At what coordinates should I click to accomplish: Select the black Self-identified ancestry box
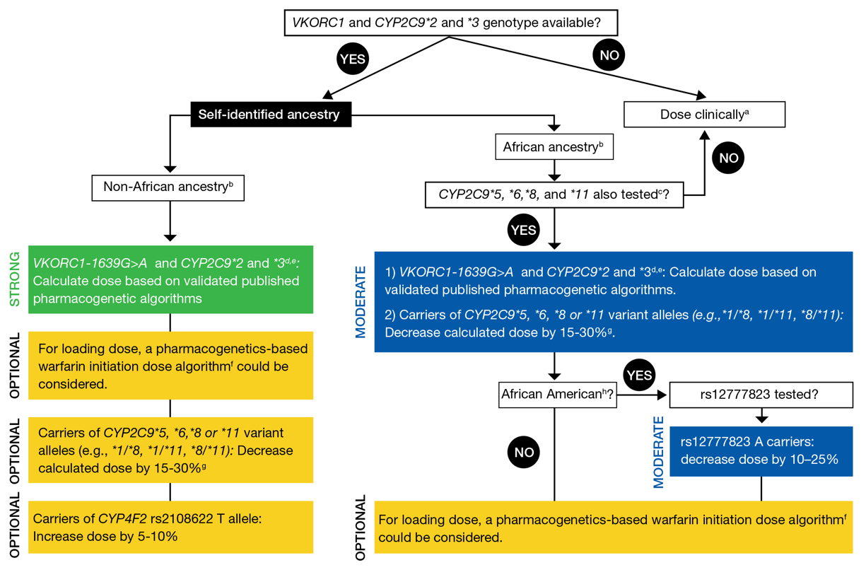coord(269,114)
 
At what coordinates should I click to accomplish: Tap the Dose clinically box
coord(704,114)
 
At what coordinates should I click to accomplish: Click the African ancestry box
coord(553,147)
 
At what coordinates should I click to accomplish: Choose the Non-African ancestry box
coord(168,187)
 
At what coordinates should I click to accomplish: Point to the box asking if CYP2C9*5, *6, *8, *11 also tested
coord(554,194)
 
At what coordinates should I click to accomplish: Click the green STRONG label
coord(14,279)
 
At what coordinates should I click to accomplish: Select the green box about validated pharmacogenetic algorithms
coord(170,280)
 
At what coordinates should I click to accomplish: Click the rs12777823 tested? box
coord(760,395)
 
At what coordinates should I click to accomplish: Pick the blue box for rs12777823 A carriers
coord(760,450)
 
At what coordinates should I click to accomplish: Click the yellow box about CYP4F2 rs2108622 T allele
coord(170,527)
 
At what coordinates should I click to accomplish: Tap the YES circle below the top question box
coord(352,59)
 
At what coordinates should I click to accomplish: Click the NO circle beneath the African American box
coord(525,452)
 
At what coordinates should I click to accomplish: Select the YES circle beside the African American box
coord(638,375)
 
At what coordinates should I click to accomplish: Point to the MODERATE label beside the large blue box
coord(361,302)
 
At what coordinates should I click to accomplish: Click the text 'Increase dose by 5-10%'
coord(105,536)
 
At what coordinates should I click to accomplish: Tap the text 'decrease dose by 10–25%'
coord(759,459)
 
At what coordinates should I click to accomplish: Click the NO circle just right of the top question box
coord(609,54)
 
